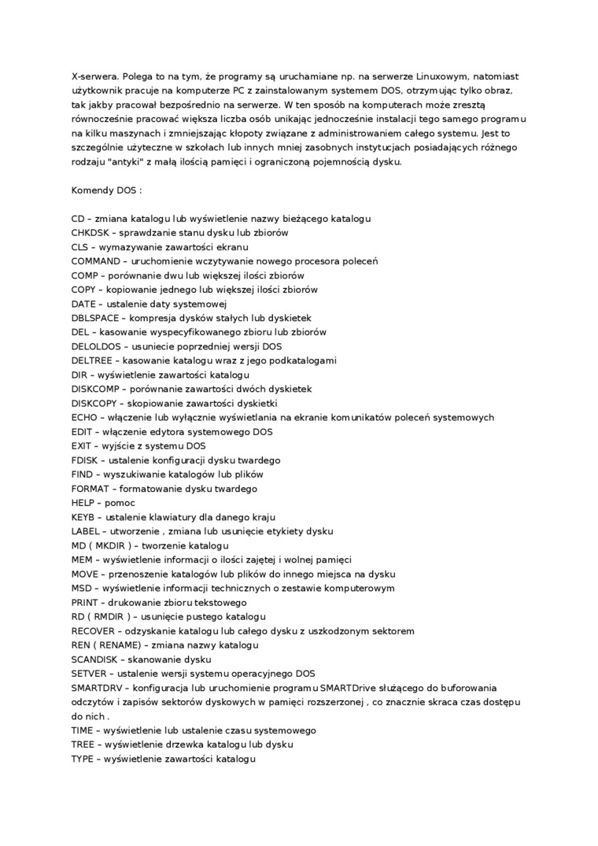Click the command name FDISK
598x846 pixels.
(84, 460)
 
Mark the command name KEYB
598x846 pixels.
(83, 516)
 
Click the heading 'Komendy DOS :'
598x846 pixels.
(106, 190)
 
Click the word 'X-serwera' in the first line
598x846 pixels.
(95, 77)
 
